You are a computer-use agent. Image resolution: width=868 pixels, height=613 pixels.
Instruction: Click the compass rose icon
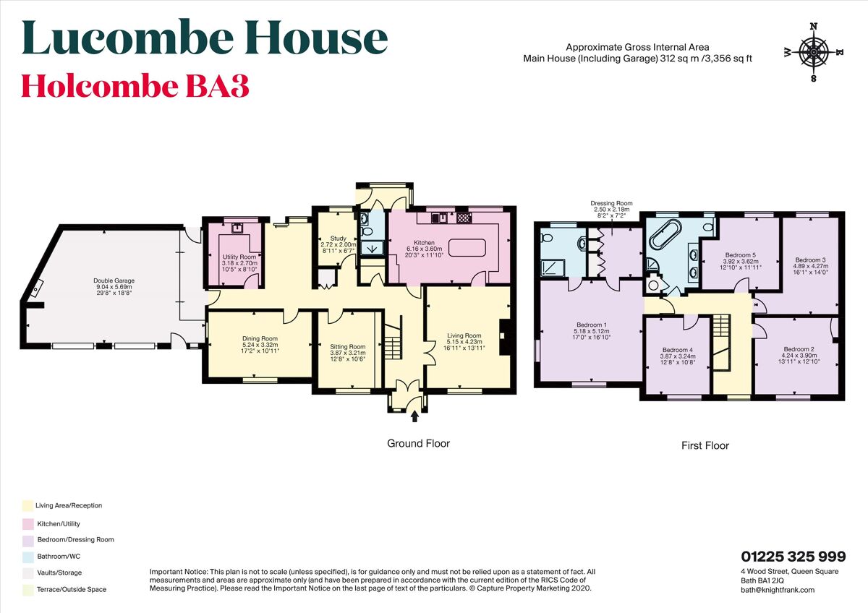pyautogui.click(x=814, y=52)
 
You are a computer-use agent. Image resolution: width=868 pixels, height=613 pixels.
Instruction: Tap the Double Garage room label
pyautogui.click(x=114, y=281)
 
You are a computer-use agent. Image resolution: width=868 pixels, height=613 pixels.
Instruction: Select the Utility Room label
pyautogui.click(x=239, y=257)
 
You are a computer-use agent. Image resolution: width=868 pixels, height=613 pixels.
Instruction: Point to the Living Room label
pyautogui.click(x=464, y=335)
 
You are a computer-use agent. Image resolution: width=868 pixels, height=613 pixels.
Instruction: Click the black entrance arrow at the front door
pyautogui.click(x=414, y=416)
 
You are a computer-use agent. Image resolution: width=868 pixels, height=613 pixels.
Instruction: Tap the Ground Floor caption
pyautogui.click(x=418, y=443)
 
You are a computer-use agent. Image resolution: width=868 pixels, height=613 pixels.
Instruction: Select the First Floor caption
pyautogui.click(x=705, y=445)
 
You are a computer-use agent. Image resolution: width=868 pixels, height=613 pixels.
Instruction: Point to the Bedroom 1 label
pyautogui.click(x=592, y=325)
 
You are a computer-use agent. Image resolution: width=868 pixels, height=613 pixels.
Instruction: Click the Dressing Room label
pyautogui.click(x=611, y=204)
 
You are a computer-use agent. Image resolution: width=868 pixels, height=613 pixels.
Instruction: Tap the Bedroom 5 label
pyautogui.click(x=740, y=254)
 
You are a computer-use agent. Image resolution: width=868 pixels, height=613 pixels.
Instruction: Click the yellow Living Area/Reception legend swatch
pyautogui.click(x=27, y=506)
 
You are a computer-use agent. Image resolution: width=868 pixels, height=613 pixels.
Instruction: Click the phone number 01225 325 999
pyautogui.click(x=793, y=557)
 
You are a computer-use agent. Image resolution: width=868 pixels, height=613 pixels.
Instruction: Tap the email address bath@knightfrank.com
pyautogui.click(x=772, y=590)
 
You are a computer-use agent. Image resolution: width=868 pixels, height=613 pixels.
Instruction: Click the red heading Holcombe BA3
pyautogui.click(x=135, y=86)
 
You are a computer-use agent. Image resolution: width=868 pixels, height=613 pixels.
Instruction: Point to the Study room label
pyautogui.click(x=339, y=238)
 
